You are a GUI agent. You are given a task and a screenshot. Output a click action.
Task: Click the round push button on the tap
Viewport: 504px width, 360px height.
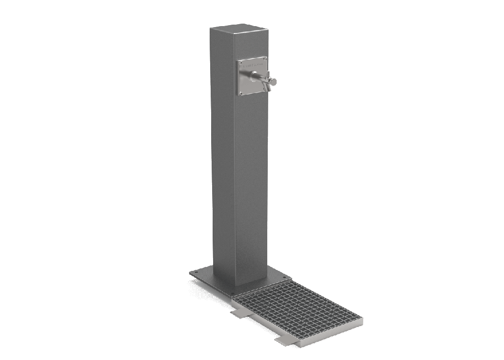[274, 81]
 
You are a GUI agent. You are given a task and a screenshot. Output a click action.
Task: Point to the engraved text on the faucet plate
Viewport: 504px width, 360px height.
[252, 65]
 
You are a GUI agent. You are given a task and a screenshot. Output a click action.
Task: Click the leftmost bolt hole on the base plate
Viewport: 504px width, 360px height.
[196, 272]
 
